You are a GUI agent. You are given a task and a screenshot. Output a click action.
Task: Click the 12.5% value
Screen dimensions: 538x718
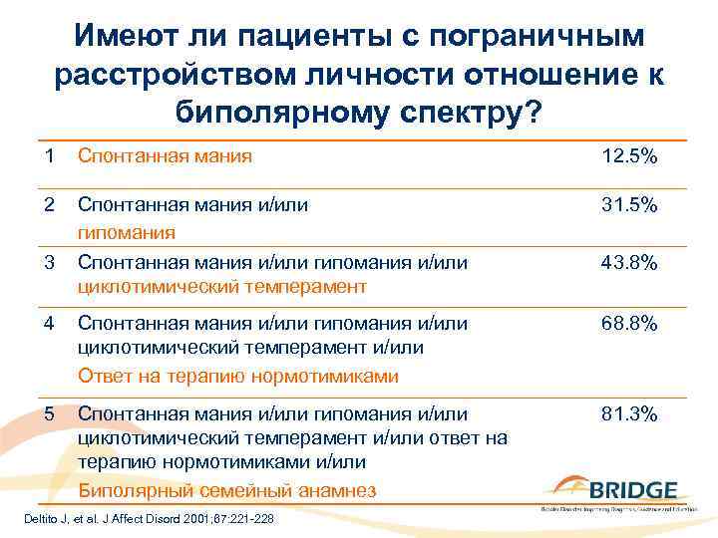(628, 156)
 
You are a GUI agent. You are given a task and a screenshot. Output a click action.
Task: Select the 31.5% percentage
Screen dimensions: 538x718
(628, 204)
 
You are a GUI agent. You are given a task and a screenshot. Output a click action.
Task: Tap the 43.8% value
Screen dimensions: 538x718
(628, 263)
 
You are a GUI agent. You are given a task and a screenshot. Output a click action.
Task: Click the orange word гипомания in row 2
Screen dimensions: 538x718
(127, 231)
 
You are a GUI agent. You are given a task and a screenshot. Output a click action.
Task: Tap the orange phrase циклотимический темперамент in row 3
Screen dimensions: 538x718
(221, 287)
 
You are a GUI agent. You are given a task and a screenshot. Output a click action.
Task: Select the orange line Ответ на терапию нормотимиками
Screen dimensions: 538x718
(237, 376)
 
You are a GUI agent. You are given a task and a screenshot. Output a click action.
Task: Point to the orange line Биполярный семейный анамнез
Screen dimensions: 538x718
(226, 489)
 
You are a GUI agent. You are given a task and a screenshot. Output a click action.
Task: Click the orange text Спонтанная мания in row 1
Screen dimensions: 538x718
(165, 156)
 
